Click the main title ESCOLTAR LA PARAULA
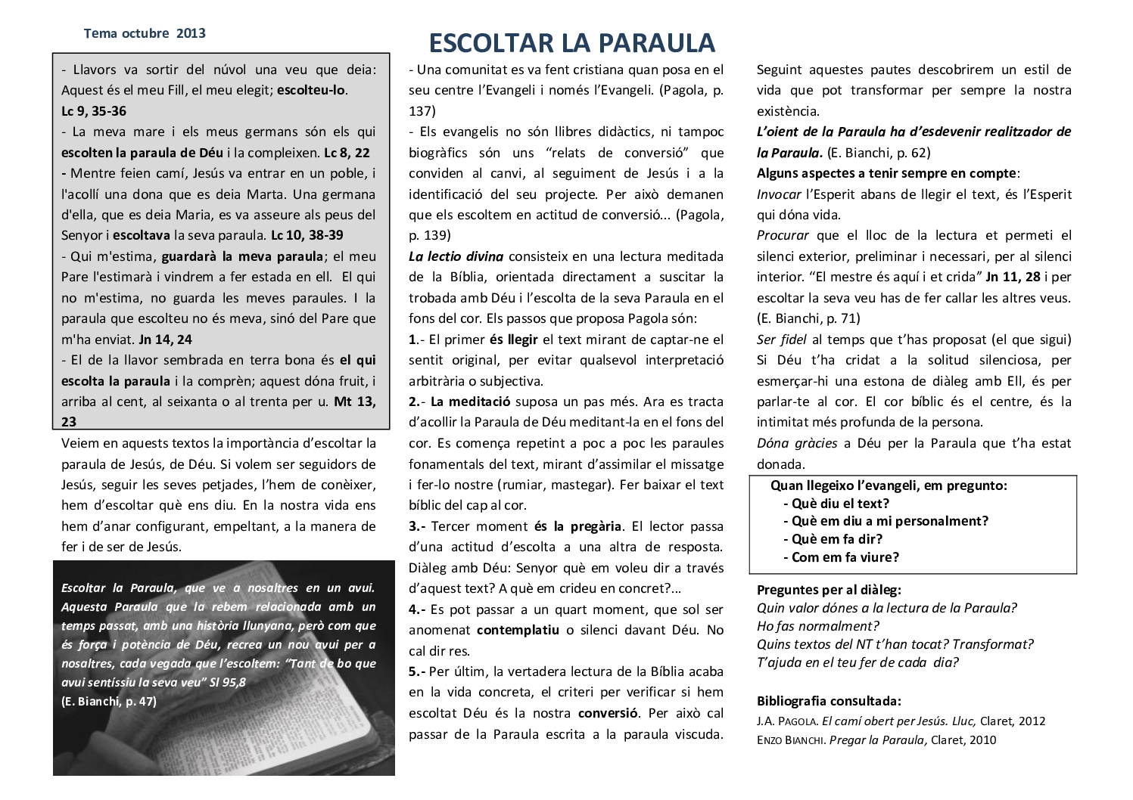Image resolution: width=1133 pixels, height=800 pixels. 571,42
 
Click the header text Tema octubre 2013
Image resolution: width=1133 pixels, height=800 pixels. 145,33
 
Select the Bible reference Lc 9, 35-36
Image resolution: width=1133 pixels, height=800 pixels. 94,111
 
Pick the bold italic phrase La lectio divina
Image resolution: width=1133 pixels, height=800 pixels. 456,256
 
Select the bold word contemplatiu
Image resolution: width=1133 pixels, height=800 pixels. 518,630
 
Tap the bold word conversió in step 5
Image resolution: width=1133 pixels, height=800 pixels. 609,713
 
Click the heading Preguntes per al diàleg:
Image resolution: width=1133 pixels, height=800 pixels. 829,590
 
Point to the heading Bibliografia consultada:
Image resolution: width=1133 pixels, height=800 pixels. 829,701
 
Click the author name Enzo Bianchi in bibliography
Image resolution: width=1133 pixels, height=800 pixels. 790,740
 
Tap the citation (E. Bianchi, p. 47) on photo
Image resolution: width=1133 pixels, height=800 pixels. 109,701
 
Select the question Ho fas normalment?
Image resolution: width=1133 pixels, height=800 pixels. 817,626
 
